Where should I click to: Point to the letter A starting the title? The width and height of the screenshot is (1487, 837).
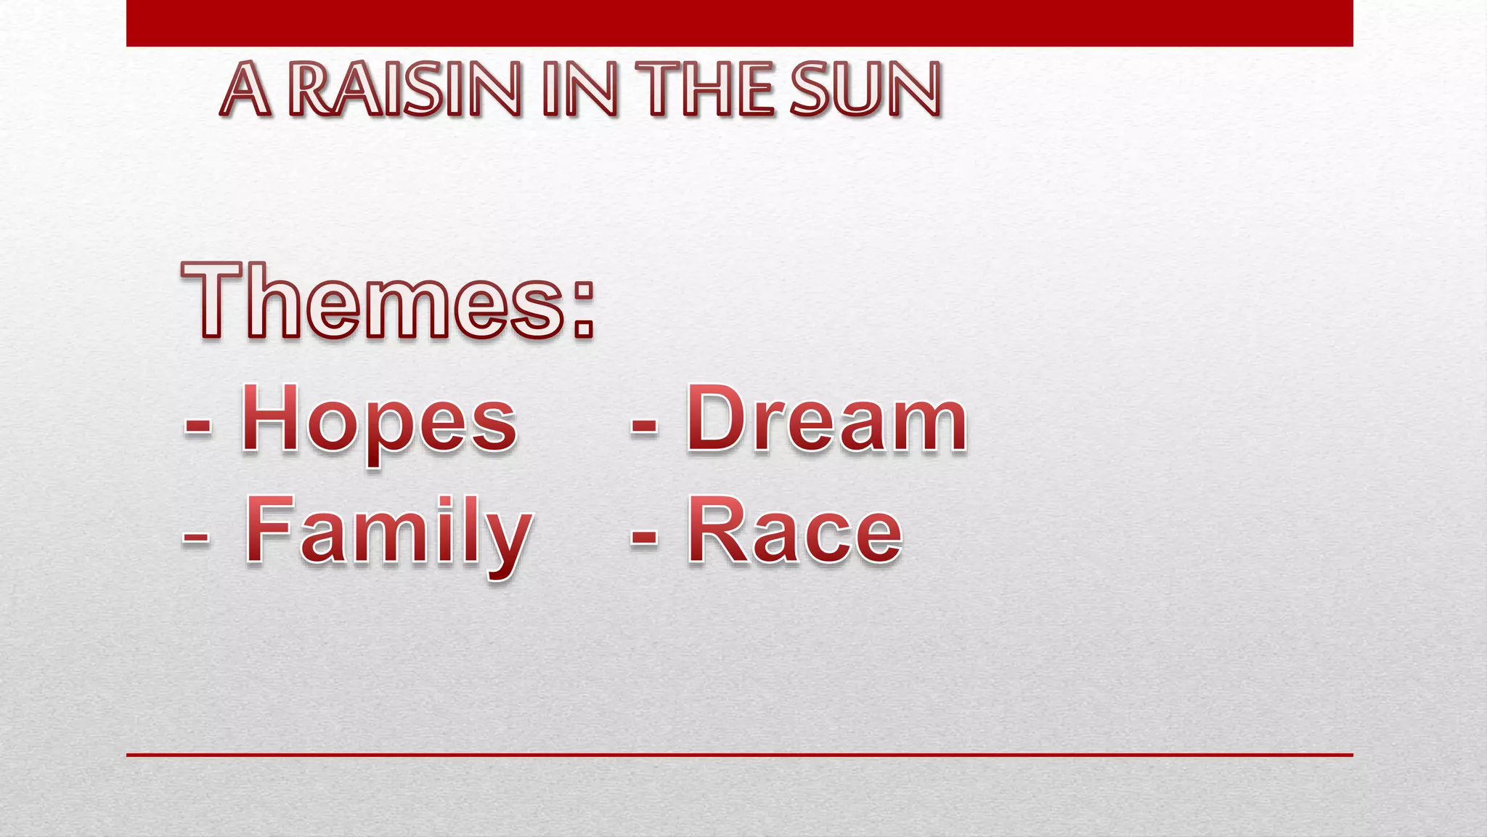click(x=245, y=90)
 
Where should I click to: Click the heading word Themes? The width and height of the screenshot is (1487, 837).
click(x=373, y=301)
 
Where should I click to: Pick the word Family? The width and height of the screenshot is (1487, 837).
click(x=389, y=534)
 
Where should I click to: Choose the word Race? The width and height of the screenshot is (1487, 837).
click(x=794, y=531)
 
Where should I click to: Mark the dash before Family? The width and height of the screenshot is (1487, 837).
click(x=196, y=538)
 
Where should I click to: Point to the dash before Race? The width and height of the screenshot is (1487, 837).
click(x=644, y=538)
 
